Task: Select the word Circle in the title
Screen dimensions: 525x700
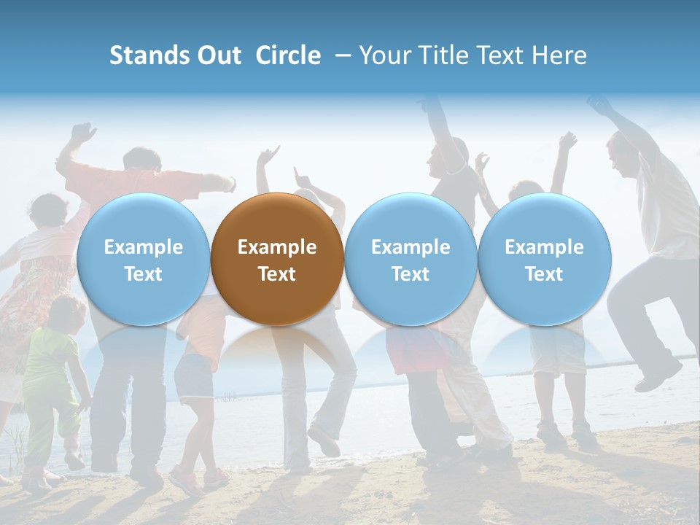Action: (x=288, y=55)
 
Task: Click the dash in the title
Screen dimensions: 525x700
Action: (x=343, y=55)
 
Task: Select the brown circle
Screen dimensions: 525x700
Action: (x=277, y=259)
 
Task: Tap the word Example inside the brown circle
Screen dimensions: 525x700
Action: (x=277, y=247)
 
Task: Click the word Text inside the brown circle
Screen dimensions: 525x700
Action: (x=277, y=274)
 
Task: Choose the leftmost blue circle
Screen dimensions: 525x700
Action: (x=143, y=259)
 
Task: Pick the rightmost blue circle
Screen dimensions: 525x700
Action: (x=545, y=259)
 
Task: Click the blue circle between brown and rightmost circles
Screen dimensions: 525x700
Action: (x=411, y=259)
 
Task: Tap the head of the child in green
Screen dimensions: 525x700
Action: (x=67, y=311)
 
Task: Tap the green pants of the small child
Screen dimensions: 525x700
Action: (x=55, y=423)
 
